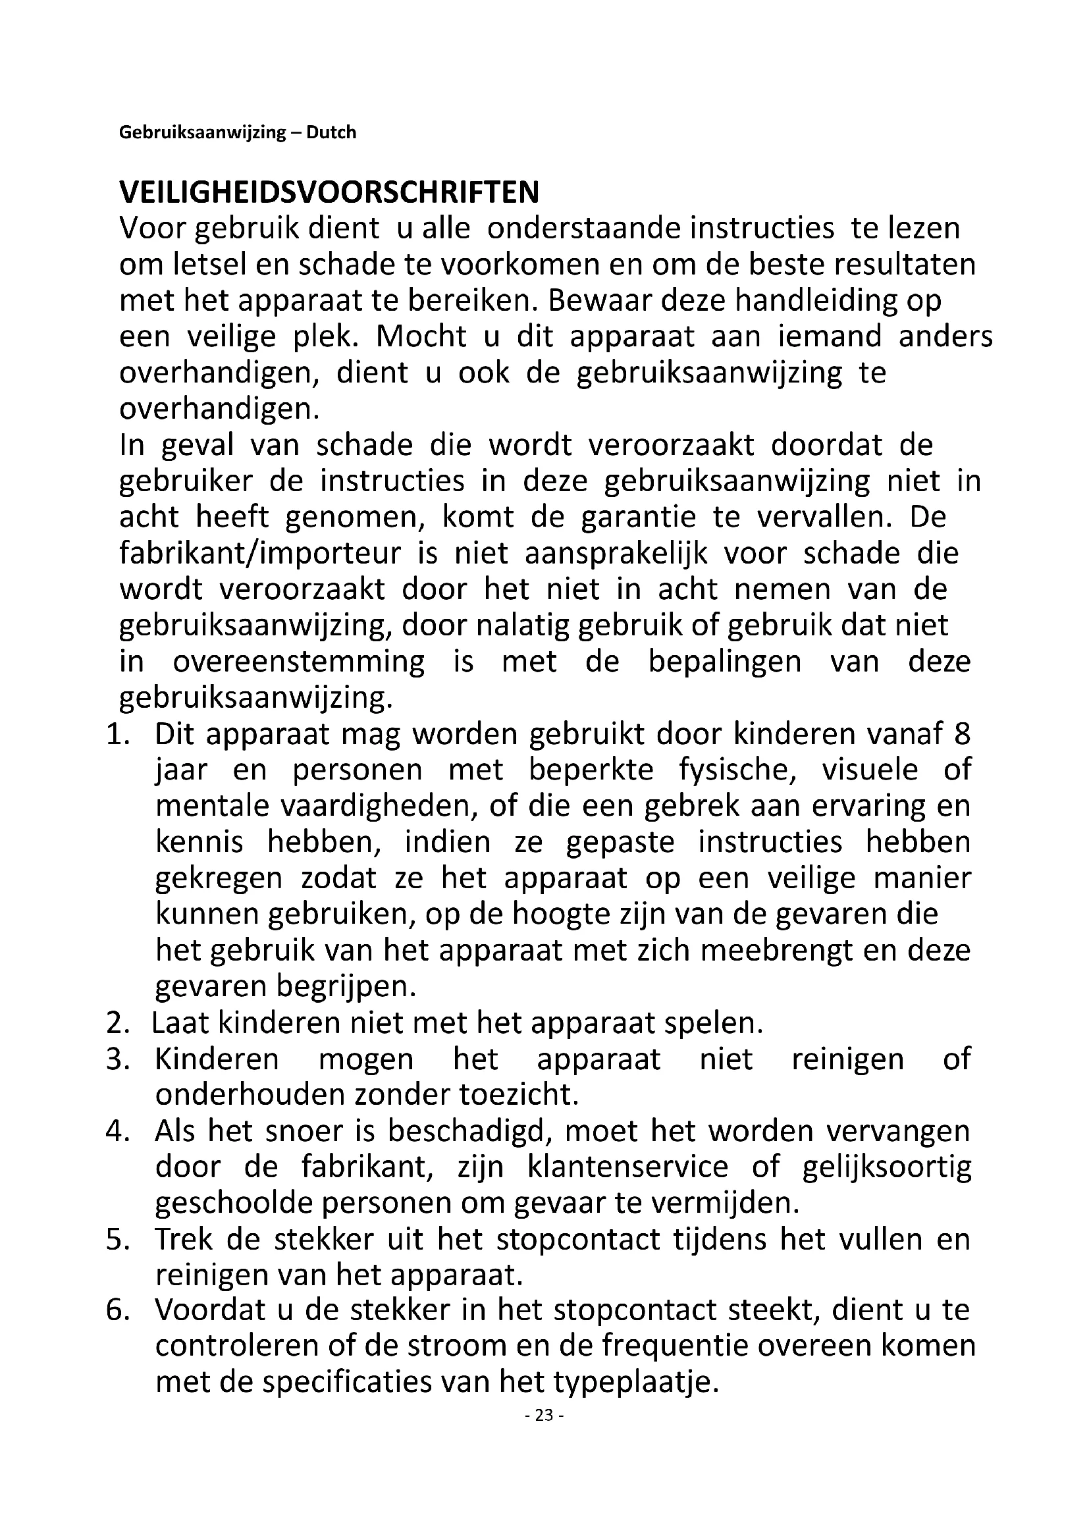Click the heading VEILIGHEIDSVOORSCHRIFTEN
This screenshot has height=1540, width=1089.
coord(329,193)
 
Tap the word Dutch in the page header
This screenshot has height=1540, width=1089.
coord(331,133)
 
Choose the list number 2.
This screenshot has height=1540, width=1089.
coord(117,1024)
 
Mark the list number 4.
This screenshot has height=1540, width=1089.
coord(117,1132)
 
